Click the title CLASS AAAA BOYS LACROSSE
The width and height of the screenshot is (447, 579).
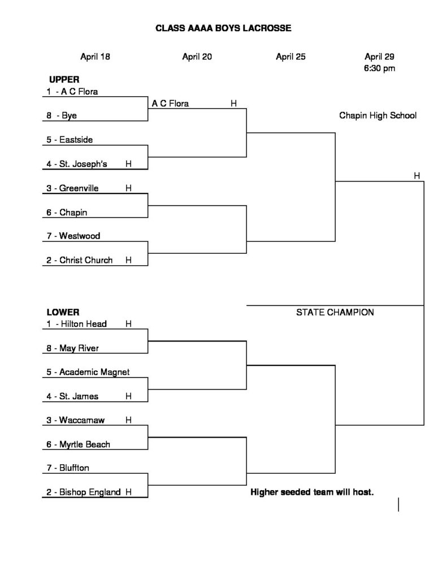tap(223, 28)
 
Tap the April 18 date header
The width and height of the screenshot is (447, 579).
tap(96, 57)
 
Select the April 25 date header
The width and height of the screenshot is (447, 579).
tap(291, 57)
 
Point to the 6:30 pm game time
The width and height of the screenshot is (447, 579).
tap(379, 68)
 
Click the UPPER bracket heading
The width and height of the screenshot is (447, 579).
tap(64, 79)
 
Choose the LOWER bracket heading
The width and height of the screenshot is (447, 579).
tap(63, 312)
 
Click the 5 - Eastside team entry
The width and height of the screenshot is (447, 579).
tap(70, 140)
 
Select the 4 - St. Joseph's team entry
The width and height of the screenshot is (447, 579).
tap(77, 164)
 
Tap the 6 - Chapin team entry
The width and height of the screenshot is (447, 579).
tap(67, 213)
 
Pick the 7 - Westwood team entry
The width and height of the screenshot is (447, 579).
tap(73, 236)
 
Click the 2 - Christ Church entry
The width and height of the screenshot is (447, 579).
tap(79, 260)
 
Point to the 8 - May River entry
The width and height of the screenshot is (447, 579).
tap(73, 348)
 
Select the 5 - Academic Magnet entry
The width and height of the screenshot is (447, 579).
tap(88, 372)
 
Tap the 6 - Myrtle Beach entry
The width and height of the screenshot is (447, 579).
tap(78, 444)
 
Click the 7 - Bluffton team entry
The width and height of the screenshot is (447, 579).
tap(68, 468)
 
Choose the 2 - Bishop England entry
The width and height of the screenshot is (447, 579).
tap(84, 492)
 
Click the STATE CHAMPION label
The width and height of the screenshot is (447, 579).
tap(335, 312)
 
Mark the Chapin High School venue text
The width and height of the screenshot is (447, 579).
tap(378, 115)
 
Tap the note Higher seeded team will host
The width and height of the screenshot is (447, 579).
tap(312, 492)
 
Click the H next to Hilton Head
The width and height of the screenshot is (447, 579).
tap(128, 324)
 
